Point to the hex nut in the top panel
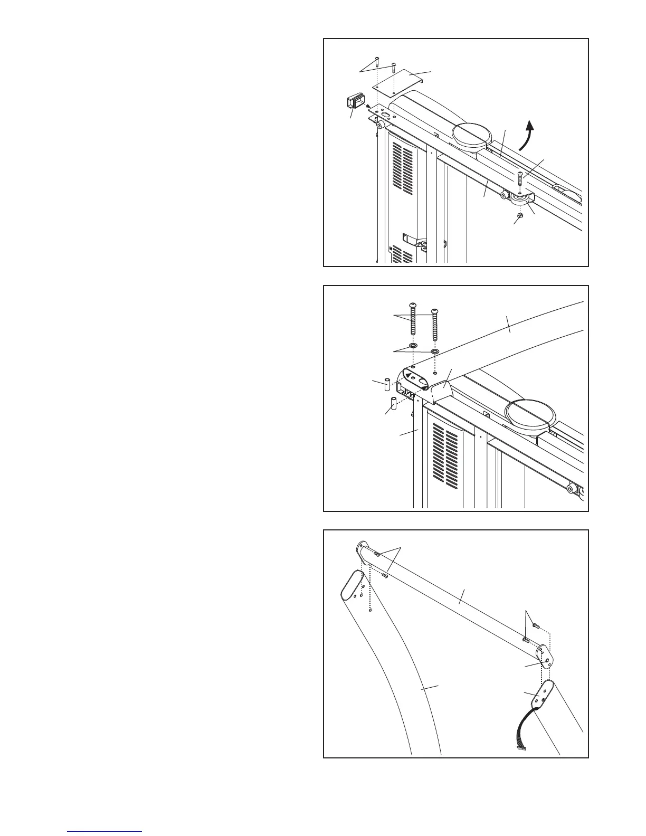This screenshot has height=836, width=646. tap(519, 215)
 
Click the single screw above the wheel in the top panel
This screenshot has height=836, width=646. tap(520, 179)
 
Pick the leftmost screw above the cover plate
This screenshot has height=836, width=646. tap(376, 62)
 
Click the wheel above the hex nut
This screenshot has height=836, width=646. tap(519, 199)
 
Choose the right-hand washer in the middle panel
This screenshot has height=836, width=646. tap(434, 351)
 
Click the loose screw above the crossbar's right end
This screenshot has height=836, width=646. tap(535, 625)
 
